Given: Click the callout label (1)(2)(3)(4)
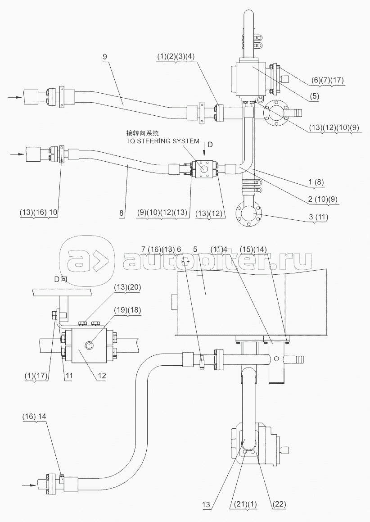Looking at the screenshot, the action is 176,56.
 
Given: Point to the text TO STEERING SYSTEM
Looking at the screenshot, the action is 162,141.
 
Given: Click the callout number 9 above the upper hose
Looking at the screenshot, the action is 105,57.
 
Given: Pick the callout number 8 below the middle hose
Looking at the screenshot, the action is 122,213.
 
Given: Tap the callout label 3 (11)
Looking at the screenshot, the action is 318,217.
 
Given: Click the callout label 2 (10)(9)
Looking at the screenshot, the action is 323,199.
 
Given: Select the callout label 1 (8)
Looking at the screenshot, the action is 316,182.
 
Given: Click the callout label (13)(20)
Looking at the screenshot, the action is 127,287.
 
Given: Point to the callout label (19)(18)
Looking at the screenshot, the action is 128,309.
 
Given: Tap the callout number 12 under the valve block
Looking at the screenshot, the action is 102,376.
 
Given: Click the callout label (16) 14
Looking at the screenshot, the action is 34,416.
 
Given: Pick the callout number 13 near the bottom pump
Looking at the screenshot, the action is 206,505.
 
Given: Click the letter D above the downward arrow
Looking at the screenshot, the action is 210,145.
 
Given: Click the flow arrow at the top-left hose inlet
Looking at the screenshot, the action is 15,97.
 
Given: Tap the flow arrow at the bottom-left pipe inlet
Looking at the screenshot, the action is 29,485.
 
